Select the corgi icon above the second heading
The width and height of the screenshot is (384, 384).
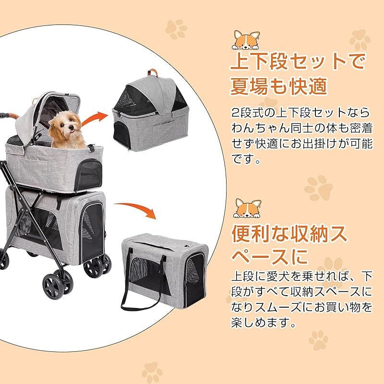pos(245,208)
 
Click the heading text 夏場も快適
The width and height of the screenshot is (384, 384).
pos(279,87)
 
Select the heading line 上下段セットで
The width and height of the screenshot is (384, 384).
pos(298,62)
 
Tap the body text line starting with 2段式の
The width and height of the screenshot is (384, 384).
pos(300,113)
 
